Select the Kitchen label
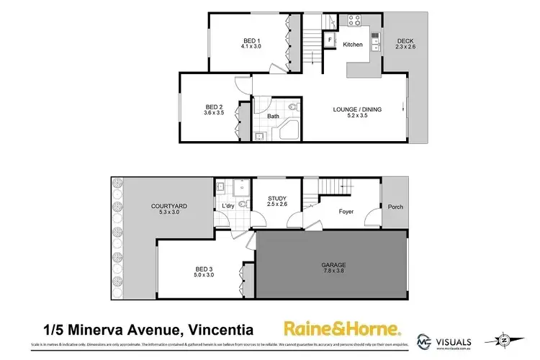coord(353,45)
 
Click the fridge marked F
coord(329,40)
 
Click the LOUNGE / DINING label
coord(357,109)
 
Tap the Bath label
coord(274,116)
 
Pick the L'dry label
coord(228,207)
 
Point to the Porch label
coord(395,207)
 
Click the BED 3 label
coord(204,269)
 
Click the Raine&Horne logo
coord(341,330)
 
